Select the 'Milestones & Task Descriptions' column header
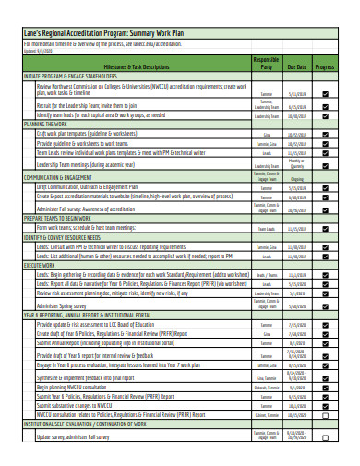click(x=137, y=67)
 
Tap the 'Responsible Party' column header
click(x=266, y=64)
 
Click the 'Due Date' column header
click(x=296, y=67)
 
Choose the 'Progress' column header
click(x=325, y=67)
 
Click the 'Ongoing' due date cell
click(x=296, y=178)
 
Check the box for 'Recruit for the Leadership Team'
click(x=325, y=106)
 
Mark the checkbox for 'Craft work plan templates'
click(x=325, y=134)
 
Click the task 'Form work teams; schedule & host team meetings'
click(x=108, y=227)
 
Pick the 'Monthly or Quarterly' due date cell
click(x=296, y=163)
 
